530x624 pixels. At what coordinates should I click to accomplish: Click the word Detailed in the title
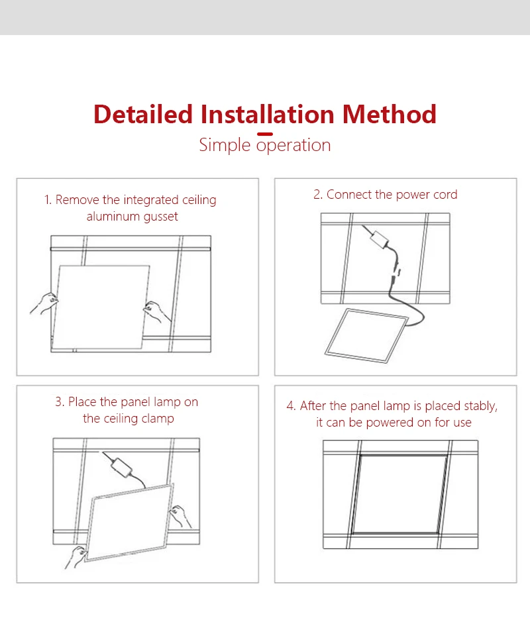tap(143, 115)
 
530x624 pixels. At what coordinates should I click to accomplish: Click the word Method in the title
tap(389, 115)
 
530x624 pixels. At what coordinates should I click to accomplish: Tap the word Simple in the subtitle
tap(225, 146)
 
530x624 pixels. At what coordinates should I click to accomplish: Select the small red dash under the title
tap(265, 134)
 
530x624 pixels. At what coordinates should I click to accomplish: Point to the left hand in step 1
tap(44, 303)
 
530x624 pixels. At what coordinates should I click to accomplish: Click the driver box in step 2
tap(379, 240)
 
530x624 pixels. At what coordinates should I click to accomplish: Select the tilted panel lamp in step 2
tap(366, 335)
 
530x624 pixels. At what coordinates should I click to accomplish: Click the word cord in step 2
tap(445, 195)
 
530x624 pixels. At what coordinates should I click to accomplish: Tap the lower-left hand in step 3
tap(76, 556)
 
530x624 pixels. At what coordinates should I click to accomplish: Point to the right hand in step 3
tap(180, 516)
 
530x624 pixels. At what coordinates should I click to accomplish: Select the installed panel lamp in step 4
tap(399, 495)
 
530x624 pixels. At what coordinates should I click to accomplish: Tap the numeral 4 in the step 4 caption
tap(290, 406)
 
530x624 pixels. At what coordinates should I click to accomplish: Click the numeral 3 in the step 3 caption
tap(58, 402)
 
